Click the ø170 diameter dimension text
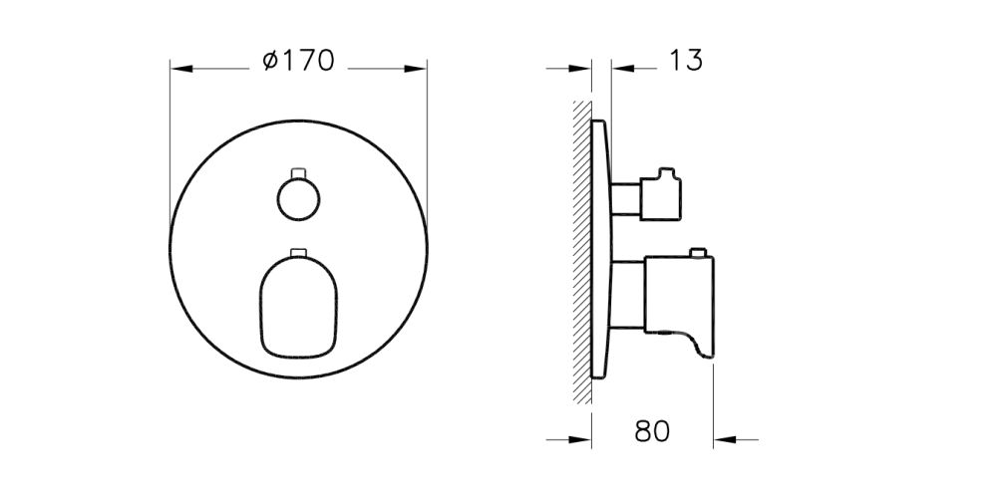[x=297, y=62]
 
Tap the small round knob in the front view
[x=297, y=199]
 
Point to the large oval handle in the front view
[x=297, y=307]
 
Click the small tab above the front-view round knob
[x=297, y=172]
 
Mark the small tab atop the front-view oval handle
[x=297, y=252]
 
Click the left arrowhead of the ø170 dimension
[x=179, y=69]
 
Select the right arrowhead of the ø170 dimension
[x=418, y=69]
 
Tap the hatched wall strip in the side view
[x=581, y=249]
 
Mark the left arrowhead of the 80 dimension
[x=583, y=437]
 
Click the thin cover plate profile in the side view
[x=600, y=249]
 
